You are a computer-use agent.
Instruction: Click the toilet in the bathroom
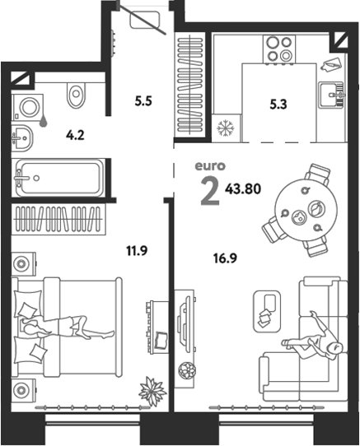(76, 94)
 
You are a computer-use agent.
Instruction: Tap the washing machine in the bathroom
(28, 107)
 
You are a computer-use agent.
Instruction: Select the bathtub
(60, 178)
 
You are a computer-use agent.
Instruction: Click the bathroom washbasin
(22, 138)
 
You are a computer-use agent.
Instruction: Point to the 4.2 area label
(75, 136)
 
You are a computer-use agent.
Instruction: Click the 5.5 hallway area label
(143, 101)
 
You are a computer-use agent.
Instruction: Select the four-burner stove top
(279, 49)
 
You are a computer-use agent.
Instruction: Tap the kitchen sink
(331, 95)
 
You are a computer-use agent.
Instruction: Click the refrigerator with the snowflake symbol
(227, 128)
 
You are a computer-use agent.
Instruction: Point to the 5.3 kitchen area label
(278, 105)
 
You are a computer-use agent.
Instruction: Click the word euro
(210, 166)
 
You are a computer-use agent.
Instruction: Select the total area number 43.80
(243, 188)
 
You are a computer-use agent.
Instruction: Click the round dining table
(306, 210)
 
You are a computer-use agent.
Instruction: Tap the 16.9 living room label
(225, 258)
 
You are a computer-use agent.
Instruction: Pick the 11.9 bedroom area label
(137, 251)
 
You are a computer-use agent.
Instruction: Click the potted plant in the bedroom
(152, 391)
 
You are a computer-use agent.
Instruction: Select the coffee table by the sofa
(267, 311)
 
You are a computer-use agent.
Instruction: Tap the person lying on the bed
(68, 328)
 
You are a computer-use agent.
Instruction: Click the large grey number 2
(210, 190)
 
